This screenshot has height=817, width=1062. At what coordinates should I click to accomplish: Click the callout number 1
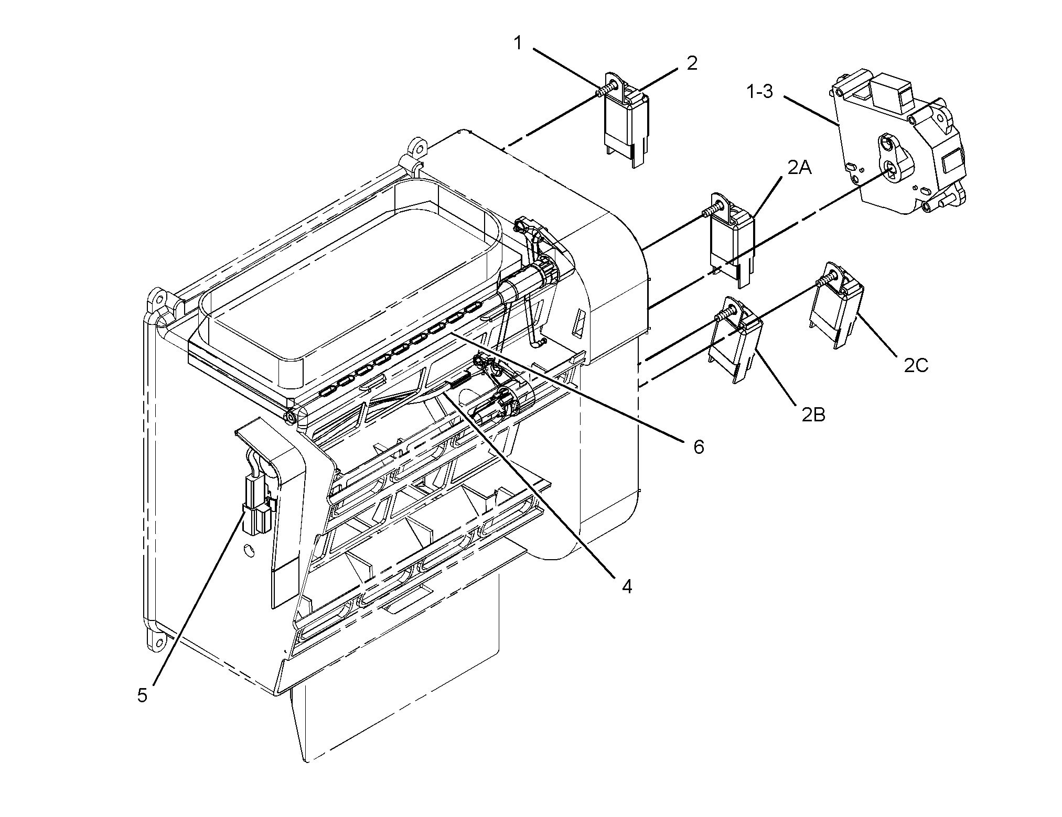[x=518, y=43]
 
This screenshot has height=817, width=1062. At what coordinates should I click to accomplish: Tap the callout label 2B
[x=813, y=415]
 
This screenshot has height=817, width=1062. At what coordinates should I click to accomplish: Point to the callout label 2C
[x=916, y=365]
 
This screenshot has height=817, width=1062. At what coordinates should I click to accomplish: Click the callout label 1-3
[x=760, y=92]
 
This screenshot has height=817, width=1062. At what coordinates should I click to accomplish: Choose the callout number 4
[x=627, y=586]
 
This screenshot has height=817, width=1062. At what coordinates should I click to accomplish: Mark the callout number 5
[x=142, y=695]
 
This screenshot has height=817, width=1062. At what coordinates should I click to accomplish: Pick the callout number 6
[x=698, y=446]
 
